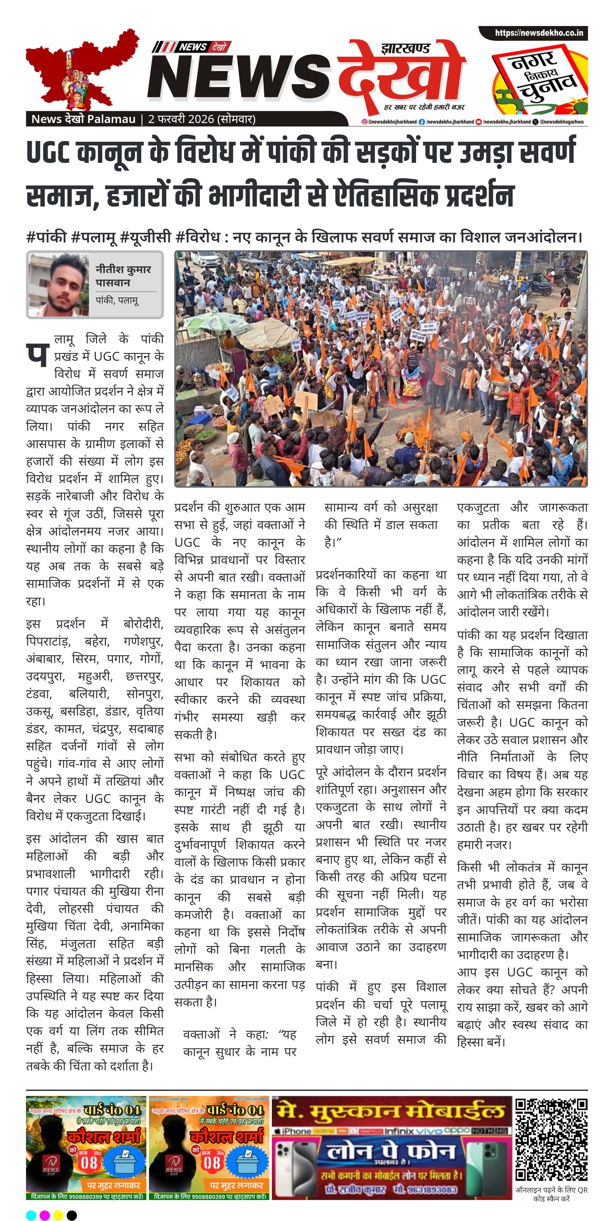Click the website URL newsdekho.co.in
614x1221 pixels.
pyautogui.click(x=539, y=33)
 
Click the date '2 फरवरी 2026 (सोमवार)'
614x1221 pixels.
pyautogui.click(x=202, y=119)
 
